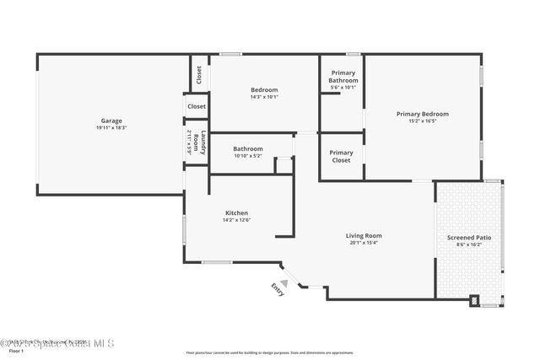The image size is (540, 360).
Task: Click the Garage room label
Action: point(112,121)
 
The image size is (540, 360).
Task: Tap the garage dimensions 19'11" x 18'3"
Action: point(112,127)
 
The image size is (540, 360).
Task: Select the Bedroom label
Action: point(264,89)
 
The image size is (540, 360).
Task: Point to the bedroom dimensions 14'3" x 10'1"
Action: point(264,97)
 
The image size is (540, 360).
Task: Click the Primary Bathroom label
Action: point(343,77)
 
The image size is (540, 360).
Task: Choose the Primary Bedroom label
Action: point(423,114)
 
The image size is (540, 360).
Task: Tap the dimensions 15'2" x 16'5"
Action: point(423,121)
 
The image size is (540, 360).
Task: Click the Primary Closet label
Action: point(342,157)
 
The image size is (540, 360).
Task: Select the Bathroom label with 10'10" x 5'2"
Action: point(248,149)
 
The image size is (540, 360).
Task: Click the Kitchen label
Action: point(236,212)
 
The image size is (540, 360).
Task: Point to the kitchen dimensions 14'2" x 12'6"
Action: point(236,220)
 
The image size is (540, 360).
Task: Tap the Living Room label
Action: point(364,236)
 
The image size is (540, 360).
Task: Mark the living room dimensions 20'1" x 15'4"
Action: point(364,244)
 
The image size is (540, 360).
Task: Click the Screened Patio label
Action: point(469,238)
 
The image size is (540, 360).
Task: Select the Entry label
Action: point(278,288)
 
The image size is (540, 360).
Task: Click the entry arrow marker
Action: point(284,282)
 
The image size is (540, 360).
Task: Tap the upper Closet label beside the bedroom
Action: point(199,75)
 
